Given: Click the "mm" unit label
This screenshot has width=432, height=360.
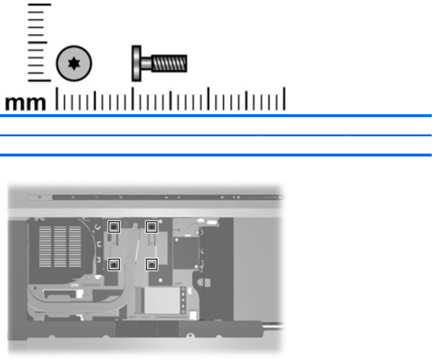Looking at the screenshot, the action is (26, 103).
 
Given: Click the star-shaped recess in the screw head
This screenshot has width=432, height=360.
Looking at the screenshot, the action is (74, 63).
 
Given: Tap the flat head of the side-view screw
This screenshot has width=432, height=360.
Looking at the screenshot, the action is (136, 63).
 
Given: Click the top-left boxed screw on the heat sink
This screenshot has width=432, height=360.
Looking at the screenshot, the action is (113, 226).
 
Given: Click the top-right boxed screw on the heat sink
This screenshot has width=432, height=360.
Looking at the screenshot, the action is (151, 226).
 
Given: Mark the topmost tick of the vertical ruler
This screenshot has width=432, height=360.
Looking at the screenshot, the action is (39, 5).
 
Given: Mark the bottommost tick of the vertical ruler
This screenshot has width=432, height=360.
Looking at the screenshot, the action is (39, 80).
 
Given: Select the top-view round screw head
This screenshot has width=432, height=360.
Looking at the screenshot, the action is (74, 63).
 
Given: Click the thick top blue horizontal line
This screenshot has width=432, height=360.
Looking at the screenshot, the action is (216, 116).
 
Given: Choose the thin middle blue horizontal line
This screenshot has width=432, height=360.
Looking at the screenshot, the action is (216, 136).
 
